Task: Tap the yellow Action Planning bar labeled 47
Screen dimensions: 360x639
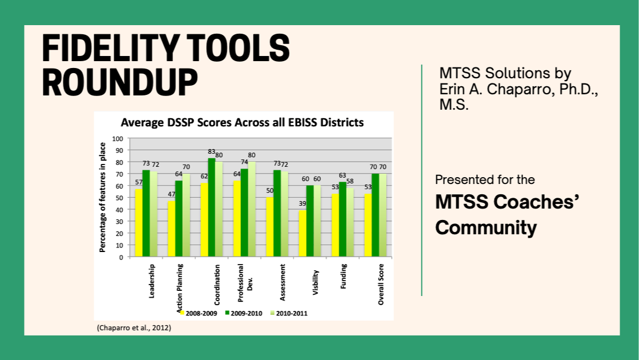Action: (x=171, y=229)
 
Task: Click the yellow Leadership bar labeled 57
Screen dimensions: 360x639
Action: (x=139, y=223)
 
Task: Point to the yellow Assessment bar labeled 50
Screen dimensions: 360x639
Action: (x=270, y=227)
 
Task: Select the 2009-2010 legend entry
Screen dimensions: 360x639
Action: (x=244, y=313)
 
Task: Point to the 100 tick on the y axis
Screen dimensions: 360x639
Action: (x=118, y=138)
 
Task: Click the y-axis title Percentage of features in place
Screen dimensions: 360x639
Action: (x=103, y=197)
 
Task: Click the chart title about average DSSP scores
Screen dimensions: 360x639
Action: (x=242, y=123)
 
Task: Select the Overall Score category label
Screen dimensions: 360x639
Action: (x=381, y=283)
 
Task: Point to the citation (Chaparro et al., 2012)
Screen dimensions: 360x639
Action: (x=134, y=328)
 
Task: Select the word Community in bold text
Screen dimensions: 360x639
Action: (x=485, y=227)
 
